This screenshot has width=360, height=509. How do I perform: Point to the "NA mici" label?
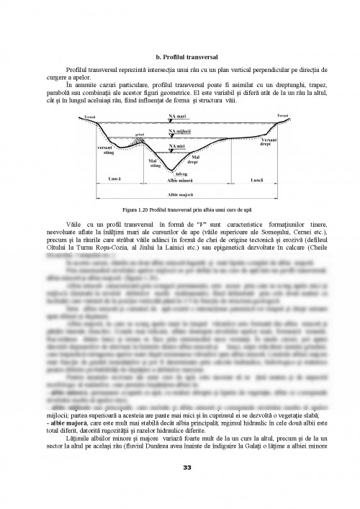click(175, 146)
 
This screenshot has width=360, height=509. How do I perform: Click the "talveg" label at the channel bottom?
click(176, 174)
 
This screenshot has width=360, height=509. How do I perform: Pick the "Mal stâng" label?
click(154, 163)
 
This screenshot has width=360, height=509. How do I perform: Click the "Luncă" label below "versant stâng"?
click(102, 179)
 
